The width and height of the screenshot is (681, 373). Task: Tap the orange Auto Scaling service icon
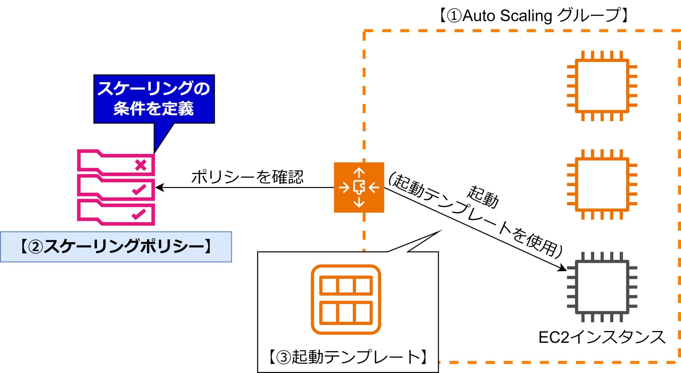pyautogui.click(x=359, y=187)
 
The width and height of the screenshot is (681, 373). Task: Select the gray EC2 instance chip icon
pyautogui.click(x=602, y=287)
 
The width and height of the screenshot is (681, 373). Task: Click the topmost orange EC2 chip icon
pyautogui.click(x=602, y=86)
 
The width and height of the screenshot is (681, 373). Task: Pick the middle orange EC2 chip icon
pyautogui.click(x=602, y=184)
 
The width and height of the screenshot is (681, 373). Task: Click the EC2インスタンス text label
pyautogui.click(x=602, y=337)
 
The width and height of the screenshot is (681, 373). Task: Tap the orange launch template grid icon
pyautogui.click(x=346, y=299)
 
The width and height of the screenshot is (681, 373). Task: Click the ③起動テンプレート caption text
pyautogui.click(x=348, y=357)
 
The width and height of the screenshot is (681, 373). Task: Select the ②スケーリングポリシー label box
pyautogui.click(x=116, y=247)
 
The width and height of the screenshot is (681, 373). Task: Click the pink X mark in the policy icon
pyautogui.click(x=141, y=165)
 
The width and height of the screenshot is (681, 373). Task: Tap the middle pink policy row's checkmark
pyautogui.click(x=139, y=189)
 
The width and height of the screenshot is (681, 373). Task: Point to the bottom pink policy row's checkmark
pyautogui.click(x=139, y=214)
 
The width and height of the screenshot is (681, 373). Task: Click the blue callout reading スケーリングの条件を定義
pyautogui.click(x=154, y=99)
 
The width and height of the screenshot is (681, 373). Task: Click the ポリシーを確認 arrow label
pyautogui.click(x=247, y=177)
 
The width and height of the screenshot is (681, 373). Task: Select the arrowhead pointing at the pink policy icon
pyautogui.click(x=159, y=187)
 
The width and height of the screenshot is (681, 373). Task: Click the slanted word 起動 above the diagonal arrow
pyautogui.click(x=483, y=197)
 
